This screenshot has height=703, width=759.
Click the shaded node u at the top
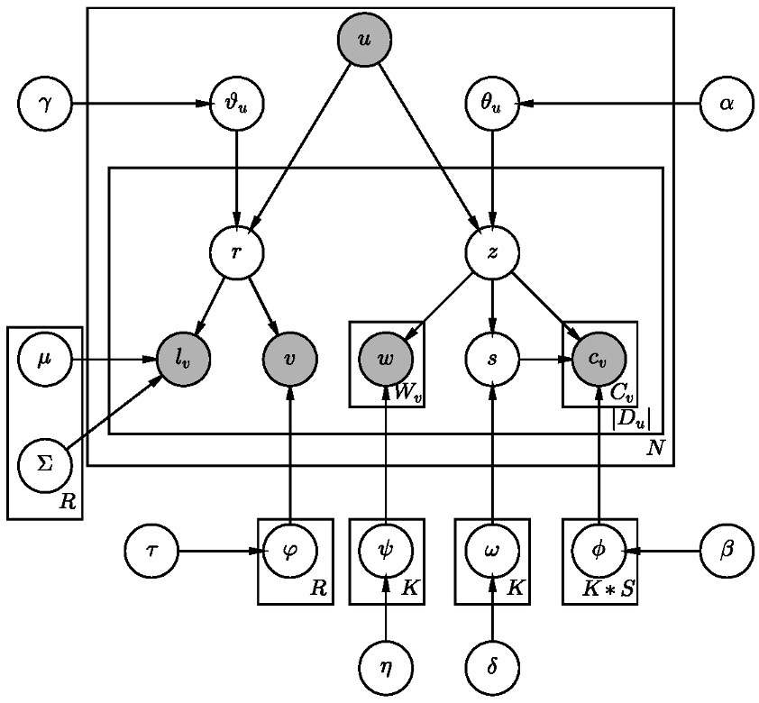coord(364,41)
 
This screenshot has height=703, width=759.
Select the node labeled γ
coord(44,104)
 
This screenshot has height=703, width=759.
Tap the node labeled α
coord(726,104)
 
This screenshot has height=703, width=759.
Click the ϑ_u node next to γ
coord(236,104)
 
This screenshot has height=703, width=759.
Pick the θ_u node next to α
coord(491,104)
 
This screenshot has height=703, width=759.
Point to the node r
coord(236,251)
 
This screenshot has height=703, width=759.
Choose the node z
coord(491,251)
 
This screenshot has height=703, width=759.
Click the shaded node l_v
coord(184,359)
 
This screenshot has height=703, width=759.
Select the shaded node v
coord(289,359)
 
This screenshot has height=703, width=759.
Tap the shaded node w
coord(386,359)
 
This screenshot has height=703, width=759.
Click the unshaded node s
coord(491,359)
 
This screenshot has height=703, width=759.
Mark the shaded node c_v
coord(599,359)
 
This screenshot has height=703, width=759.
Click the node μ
coord(44,359)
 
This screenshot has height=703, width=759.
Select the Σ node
coord(44,465)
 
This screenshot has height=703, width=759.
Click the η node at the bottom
coord(386,668)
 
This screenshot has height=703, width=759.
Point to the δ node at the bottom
coord(491,668)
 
